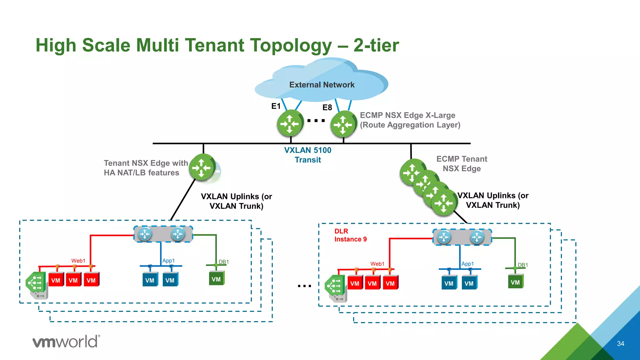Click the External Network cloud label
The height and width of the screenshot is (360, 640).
(x=322, y=85)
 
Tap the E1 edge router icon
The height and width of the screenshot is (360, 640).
(x=290, y=124)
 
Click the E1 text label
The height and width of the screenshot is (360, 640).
(x=276, y=106)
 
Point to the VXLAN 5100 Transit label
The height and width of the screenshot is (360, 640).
(x=307, y=155)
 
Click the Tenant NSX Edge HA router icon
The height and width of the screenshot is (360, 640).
(x=202, y=167)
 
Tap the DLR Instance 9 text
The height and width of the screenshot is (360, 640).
(x=350, y=235)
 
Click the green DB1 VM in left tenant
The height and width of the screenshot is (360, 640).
(x=216, y=279)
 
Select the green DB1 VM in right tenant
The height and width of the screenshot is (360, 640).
(x=515, y=282)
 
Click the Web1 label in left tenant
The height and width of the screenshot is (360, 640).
(x=78, y=261)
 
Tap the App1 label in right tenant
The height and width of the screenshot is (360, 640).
(x=467, y=264)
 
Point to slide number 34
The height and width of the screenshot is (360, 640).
(x=620, y=344)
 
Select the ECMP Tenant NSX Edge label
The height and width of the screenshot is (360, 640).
(x=462, y=164)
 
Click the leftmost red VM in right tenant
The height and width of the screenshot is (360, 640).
(x=355, y=283)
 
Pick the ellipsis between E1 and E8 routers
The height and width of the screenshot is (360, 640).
(x=316, y=121)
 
